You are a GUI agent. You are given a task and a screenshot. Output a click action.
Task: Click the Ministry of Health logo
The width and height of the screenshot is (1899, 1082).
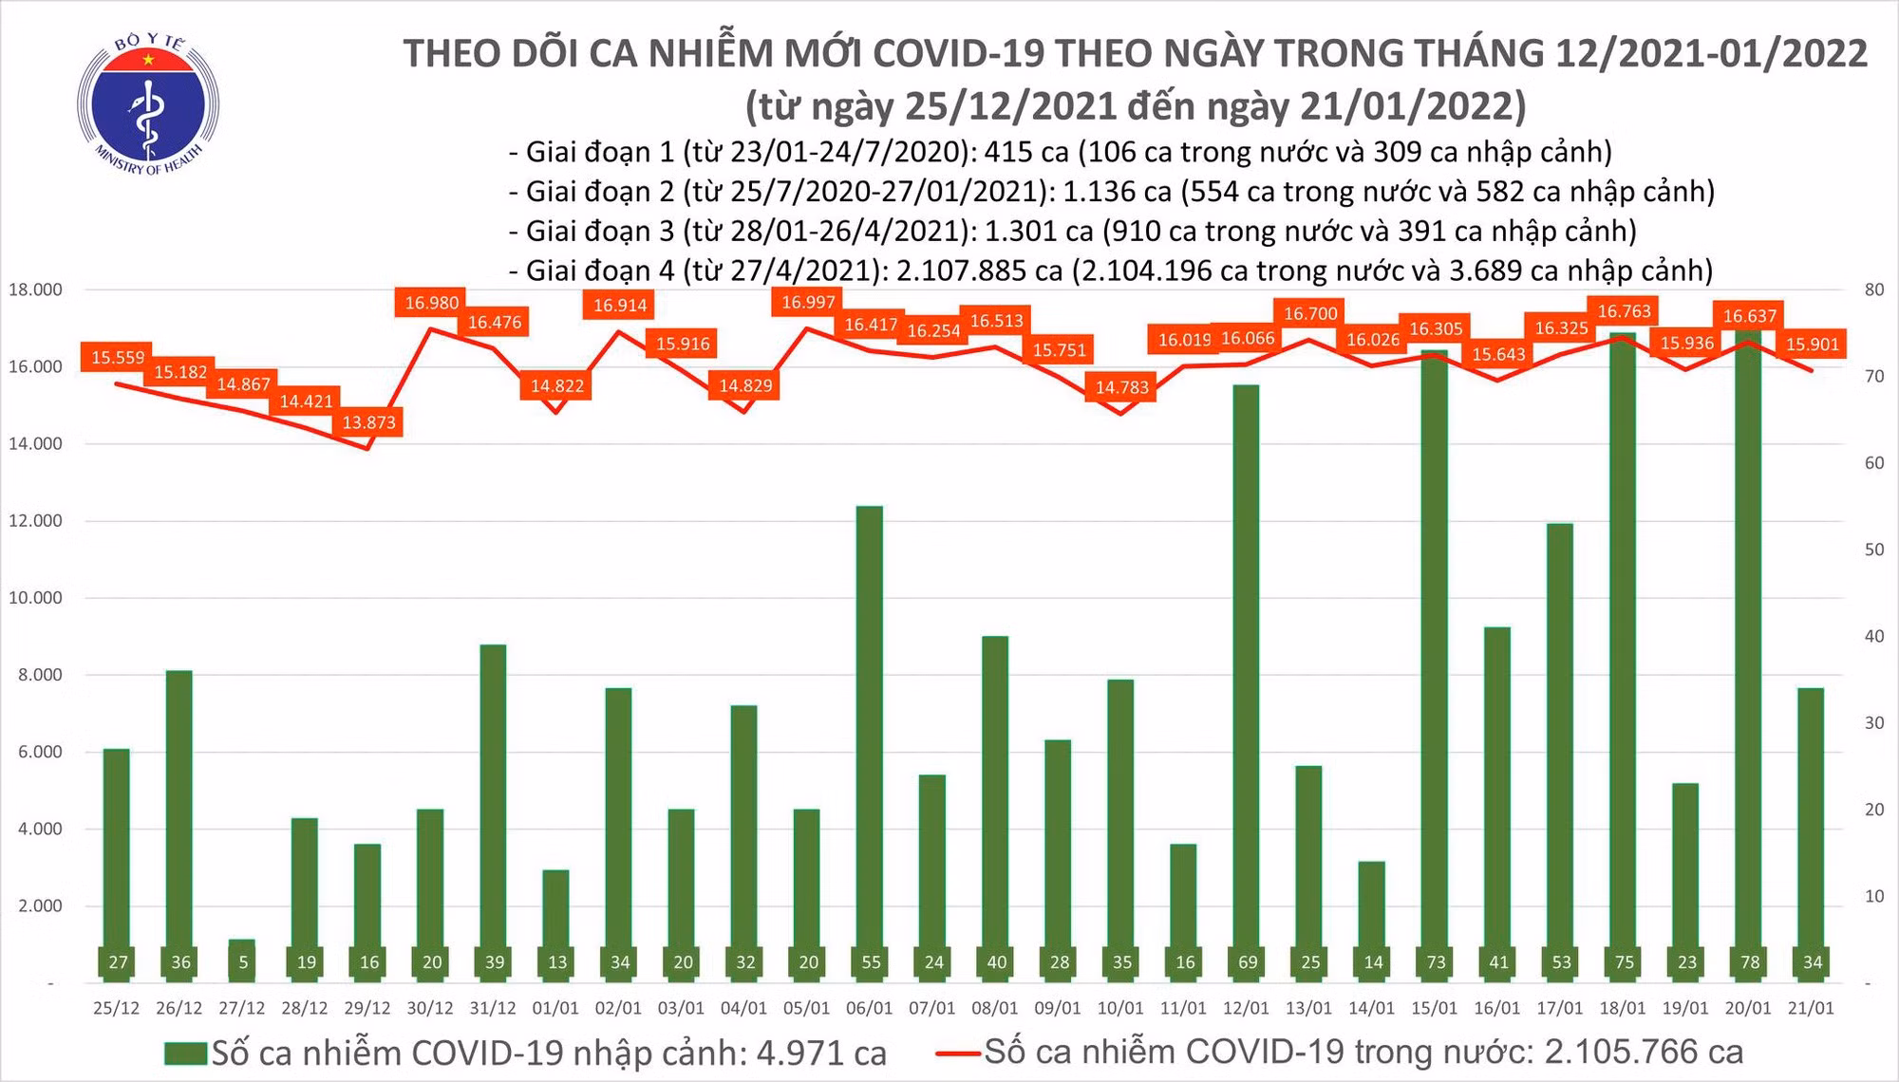tap(148, 103)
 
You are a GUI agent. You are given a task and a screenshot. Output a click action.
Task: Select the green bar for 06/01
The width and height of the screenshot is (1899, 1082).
tap(870, 740)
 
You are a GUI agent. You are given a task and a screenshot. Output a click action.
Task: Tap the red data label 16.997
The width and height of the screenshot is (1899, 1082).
tap(808, 303)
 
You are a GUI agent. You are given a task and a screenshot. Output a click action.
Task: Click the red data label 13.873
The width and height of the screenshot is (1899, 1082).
tap(368, 422)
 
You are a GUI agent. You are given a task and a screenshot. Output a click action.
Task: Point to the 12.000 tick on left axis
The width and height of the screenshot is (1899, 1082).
tap(35, 521)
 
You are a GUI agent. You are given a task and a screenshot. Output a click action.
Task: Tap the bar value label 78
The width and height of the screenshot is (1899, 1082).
tap(1749, 962)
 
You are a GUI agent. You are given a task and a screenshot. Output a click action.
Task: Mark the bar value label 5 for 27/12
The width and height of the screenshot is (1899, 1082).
tap(243, 962)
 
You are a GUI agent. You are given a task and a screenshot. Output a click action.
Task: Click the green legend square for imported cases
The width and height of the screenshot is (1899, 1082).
tap(185, 1054)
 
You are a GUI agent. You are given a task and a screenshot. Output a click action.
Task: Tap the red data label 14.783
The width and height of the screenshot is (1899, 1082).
tap(1121, 387)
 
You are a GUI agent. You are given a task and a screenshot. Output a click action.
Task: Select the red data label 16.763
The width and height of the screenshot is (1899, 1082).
tap(1624, 311)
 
